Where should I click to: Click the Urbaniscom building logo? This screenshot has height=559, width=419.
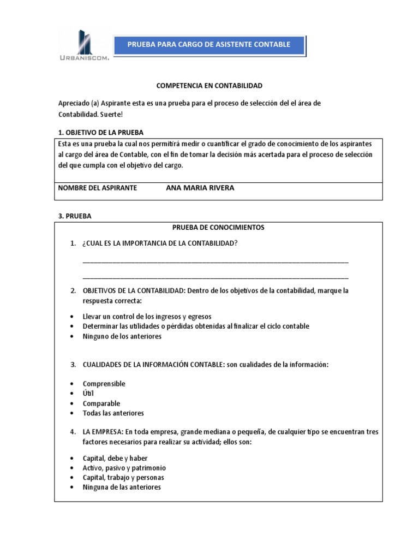pyautogui.click(x=84, y=45)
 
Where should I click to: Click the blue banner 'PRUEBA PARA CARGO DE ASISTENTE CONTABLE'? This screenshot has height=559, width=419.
pyautogui.click(x=208, y=44)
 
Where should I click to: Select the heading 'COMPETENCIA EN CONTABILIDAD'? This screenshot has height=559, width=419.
pyautogui.click(x=209, y=86)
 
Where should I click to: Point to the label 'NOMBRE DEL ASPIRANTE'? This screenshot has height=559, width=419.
pyautogui.click(x=97, y=188)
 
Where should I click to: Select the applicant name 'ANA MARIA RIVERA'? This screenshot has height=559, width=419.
pyautogui.click(x=200, y=188)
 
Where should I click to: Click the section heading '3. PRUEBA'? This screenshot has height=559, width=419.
pyautogui.click(x=75, y=216)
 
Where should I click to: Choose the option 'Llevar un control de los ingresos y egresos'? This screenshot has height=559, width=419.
pyautogui.click(x=147, y=317)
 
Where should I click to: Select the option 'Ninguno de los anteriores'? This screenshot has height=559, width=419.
pyautogui.click(x=122, y=336)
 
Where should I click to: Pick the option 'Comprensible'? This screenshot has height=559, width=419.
pyautogui.click(x=104, y=384)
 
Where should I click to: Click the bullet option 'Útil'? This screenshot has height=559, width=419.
pyautogui.click(x=88, y=394)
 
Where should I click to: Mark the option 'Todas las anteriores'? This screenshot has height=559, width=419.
pyautogui.click(x=113, y=413)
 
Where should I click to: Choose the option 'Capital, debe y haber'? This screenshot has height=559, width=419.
pyautogui.click(x=115, y=458)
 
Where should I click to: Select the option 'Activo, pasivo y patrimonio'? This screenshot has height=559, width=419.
pyautogui.click(x=124, y=468)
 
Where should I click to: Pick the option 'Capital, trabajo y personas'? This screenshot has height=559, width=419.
pyautogui.click(x=123, y=478)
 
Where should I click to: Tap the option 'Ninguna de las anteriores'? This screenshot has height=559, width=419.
pyautogui.click(x=122, y=487)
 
